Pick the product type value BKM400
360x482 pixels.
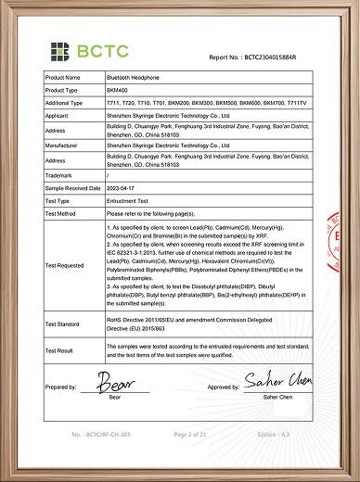pyautogui.click(x=119, y=90)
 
